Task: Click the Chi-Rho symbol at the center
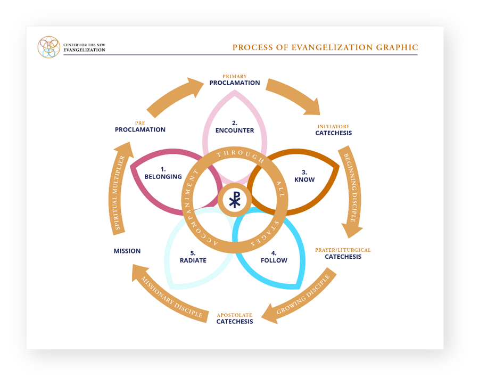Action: pyautogui.click(x=234, y=200)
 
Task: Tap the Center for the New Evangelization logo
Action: pyautogui.click(x=48, y=47)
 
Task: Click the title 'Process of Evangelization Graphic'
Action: pyautogui.click(x=325, y=47)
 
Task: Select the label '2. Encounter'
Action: pyautogui.click(x=234, y=127)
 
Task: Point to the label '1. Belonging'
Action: pyautogui.click(x=163, y=173)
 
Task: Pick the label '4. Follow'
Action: pyautogui.click(x=274, y=257)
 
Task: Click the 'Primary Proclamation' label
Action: pyautogui.click(x=234, y=80)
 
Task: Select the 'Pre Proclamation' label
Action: pyautogui.click(x=140, y=126)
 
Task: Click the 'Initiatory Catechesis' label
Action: pyautogui.click(x=333, y=130)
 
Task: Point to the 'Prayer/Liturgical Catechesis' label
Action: pyautogui.click(x=343, y=253)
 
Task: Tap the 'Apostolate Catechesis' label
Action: pyautogui.click(x=234, y=318)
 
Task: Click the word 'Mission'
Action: pyautogui.click(x=127, y=251)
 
